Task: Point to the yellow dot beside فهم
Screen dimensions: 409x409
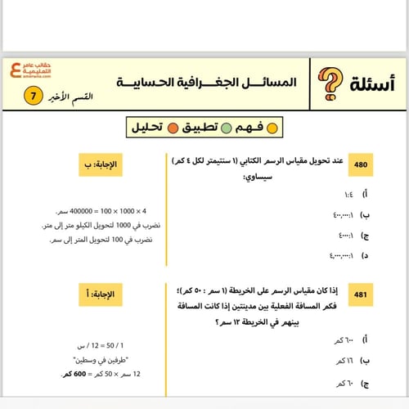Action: click(272, 128)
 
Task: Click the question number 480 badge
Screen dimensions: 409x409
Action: click(361, 164)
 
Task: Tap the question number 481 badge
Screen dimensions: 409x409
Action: click(361, 293)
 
